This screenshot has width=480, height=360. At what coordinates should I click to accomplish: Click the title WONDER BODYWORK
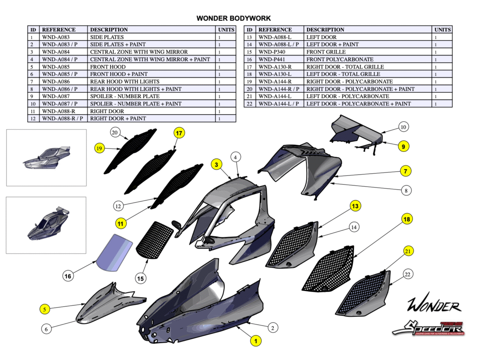(x=233, y=19)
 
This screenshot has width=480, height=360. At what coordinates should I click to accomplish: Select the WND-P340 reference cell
(x=273, y=52)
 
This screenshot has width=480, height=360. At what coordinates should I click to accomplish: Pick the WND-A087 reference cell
(x=56, y=96)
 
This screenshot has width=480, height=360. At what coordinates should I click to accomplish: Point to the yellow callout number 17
(x=179, y=133)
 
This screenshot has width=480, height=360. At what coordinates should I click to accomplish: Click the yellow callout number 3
(x=216, y=165)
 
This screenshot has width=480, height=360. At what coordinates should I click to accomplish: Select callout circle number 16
(x=68, y=277)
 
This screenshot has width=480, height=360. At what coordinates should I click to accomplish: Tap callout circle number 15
(x=140, y=278)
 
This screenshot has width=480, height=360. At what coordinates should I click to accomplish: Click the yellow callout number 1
(x=255, y=341)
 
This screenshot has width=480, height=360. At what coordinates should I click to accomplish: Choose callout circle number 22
(x=407, y=274)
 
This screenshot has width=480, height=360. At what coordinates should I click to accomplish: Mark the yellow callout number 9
(x=403, y=147)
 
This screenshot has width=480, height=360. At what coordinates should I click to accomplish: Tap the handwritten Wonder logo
(x=434, y=305)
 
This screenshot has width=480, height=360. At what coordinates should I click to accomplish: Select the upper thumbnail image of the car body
(x=46, y=157)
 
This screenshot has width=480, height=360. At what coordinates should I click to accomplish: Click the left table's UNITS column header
(x=226, y=30)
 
